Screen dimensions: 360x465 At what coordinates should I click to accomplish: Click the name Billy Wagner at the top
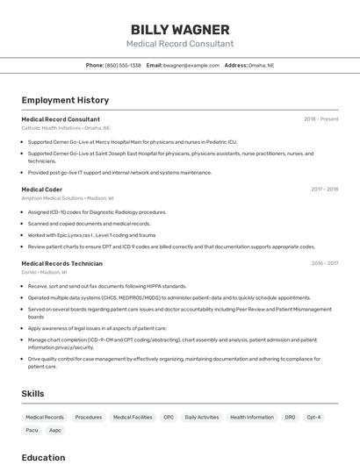click(x=180, y=30)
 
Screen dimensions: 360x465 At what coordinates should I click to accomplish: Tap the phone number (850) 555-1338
click(x=123, y=66)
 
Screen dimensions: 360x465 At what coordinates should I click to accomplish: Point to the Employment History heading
click(x=65, y=100)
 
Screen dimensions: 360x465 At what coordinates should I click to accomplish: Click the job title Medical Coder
click(x=41, y=189)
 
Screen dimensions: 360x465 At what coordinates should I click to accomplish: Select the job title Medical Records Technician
click(x=61, y=263)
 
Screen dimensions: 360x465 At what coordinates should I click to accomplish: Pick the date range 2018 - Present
click(x=321, y=119)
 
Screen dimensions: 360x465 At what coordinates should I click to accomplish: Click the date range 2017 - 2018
click(x=324, y=189)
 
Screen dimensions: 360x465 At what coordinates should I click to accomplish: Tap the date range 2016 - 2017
click(x=324, y=263)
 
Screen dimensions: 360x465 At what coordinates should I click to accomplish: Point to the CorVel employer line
click(x=44, y=272)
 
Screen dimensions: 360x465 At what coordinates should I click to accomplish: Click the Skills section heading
click(x=32, y=394)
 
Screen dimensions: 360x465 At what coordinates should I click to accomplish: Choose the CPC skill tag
click(x=169, y=418)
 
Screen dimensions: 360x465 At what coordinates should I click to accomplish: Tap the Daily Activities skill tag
click(x=202, y=418)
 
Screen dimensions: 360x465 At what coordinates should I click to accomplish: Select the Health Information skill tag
click(x=252, y=418)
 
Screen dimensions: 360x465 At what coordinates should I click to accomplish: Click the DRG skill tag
click(x=291, y=418)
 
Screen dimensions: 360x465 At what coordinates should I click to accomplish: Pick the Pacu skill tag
click(x=32, y=431)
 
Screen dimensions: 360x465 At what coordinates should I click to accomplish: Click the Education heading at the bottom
click(x=44, y=457)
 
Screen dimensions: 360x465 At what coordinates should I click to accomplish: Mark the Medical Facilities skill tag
click(x=133, y=418)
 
